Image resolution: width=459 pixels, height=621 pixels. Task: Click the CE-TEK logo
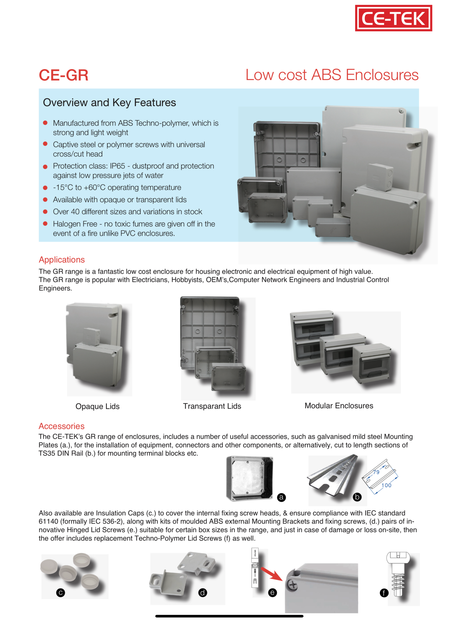coord(393,18)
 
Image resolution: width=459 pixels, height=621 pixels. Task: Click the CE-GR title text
coord(63,75)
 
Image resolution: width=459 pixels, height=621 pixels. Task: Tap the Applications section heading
coord(62,260)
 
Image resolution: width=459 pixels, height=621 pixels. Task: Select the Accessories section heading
coord(61,426)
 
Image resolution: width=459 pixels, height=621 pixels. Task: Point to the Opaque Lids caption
coord(98,406)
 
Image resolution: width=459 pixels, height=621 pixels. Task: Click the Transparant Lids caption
coord(212,406)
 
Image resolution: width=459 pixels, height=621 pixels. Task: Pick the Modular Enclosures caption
coord(339,406)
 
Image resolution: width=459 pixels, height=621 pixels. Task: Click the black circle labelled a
coord(281,497)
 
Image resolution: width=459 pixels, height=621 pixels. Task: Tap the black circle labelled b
coord(357,497)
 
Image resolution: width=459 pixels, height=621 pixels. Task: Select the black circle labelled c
coord(60,593)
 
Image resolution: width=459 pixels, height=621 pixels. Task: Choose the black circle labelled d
coord(203,593)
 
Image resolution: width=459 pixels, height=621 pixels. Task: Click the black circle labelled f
coord(384,593)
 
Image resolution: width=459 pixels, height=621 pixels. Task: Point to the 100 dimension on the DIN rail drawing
coord(386,485)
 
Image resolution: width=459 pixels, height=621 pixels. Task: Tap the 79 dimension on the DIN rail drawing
coord(376,472)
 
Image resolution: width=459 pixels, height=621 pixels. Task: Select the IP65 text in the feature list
coord(117,166)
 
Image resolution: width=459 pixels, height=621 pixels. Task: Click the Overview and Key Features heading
coord(109,103)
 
